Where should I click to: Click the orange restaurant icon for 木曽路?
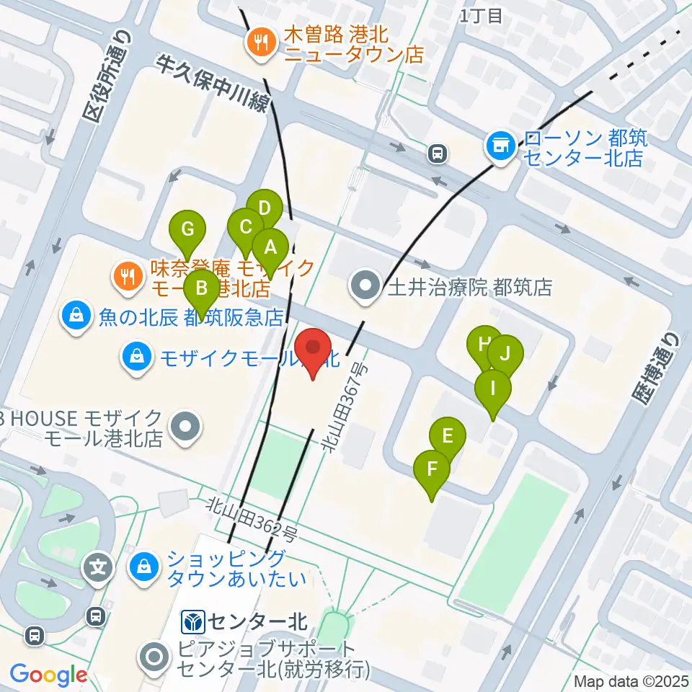tap(259, 44)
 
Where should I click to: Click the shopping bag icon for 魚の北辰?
tap(75, 316)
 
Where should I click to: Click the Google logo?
tap(48, 675)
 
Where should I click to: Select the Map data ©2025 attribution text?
tap(631, 680)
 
